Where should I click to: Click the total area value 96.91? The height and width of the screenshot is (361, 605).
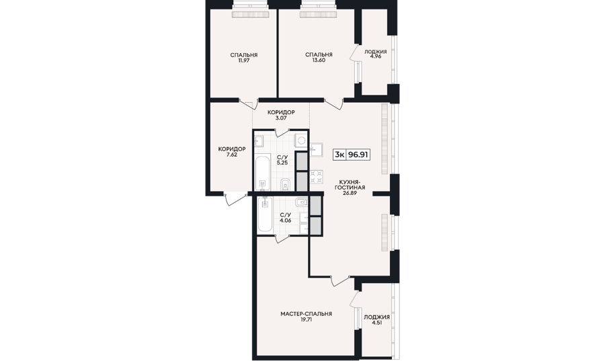click(358, 155)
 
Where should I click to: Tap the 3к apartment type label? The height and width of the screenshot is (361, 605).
click(339, 155)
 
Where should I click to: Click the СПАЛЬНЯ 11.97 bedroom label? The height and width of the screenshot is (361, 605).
click(244, 57)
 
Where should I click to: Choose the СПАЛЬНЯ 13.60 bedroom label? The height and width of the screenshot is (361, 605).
click(319, 57)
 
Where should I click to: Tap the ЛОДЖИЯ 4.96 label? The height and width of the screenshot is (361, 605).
click(375, 54)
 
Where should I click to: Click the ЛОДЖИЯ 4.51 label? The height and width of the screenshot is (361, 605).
click(376, 320)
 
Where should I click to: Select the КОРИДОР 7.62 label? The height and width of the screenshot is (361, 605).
click(232, 151)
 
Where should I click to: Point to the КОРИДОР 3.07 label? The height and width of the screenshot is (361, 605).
click(281, 115)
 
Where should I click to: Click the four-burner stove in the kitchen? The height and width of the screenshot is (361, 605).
click(317, 176)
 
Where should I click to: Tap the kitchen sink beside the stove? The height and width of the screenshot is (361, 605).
click(317, 149)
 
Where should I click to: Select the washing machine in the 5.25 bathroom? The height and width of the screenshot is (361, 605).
click(301, 140)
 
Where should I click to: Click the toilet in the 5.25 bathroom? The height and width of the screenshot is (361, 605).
click(285, 184)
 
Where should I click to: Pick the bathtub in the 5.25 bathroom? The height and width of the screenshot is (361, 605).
click(262, 173)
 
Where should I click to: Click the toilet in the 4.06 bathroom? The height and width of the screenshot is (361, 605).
click(301, 202)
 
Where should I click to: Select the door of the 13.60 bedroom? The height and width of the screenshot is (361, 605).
click(334, 104)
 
